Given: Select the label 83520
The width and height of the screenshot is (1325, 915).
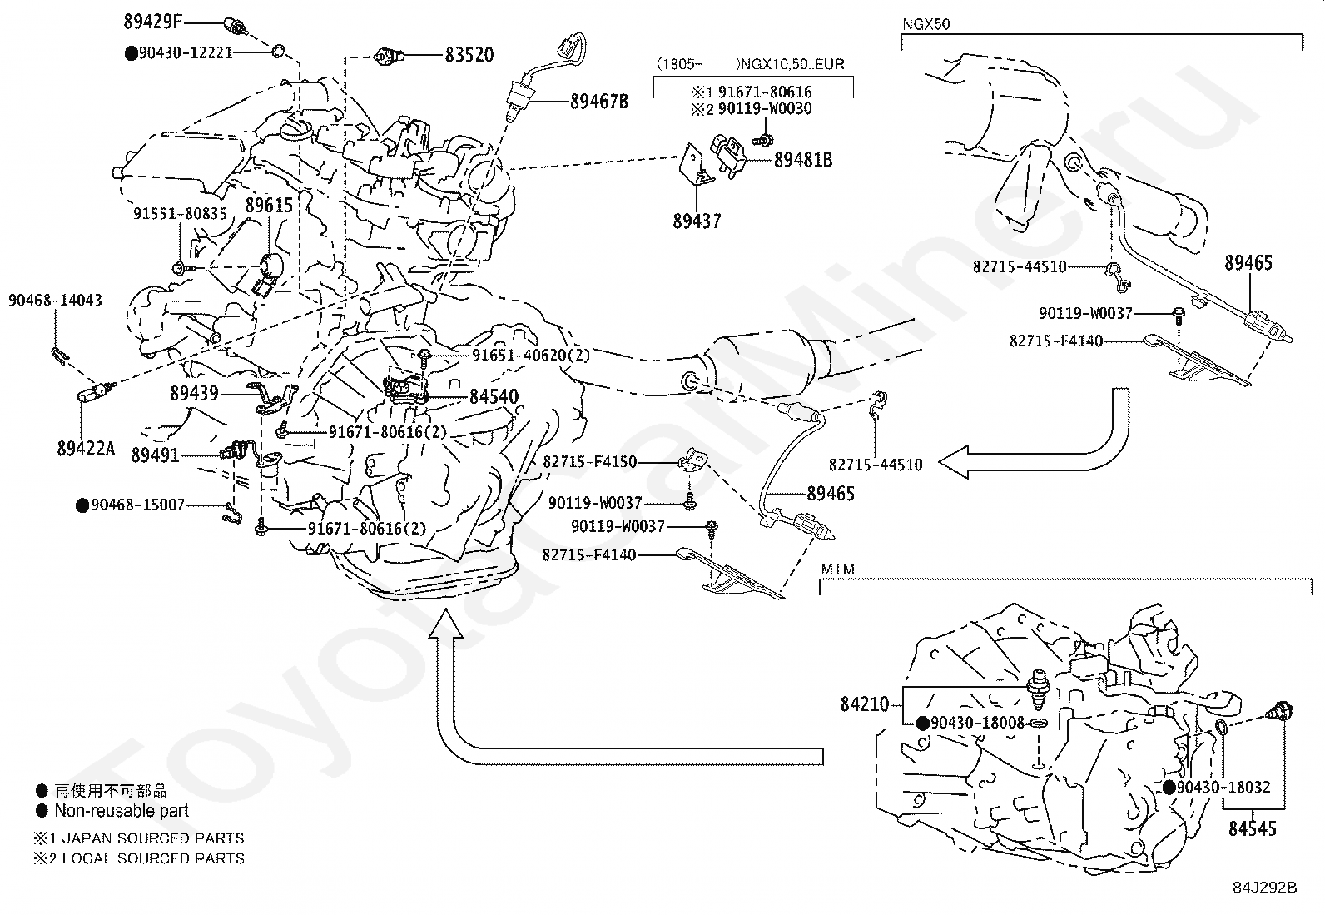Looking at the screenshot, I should click(x=469, y=56).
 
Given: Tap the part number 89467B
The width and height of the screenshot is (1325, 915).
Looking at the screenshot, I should click(x=599, y=102).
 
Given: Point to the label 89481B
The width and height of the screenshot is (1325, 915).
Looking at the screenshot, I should click(x=803, y=160).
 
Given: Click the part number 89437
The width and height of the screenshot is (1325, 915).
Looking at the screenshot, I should click(x=697, y=221).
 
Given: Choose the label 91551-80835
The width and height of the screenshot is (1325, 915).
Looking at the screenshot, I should click(x=180, y=214).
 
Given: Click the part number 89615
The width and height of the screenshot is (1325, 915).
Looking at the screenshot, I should click(x=269, y=204).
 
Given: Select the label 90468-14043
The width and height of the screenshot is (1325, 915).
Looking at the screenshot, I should click(x=55, y=300).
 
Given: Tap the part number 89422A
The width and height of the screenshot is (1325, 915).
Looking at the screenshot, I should click(x=86, y=448).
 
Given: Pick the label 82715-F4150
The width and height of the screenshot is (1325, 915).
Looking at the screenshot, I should click(x=589, y=461).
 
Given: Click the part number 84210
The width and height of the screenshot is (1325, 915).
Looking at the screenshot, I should click(x=865, y=704).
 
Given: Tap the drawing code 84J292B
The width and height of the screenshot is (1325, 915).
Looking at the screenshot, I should click(x=1268, y=888).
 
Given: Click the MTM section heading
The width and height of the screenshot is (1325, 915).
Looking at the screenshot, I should click(x=838, y=570).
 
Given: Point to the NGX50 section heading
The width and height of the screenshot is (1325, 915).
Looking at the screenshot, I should click(x=926, y=24).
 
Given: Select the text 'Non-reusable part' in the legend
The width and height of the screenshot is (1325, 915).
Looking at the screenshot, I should click(x=122, y=811).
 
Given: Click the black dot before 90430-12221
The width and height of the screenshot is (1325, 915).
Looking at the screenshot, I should click(x=131, y=53).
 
